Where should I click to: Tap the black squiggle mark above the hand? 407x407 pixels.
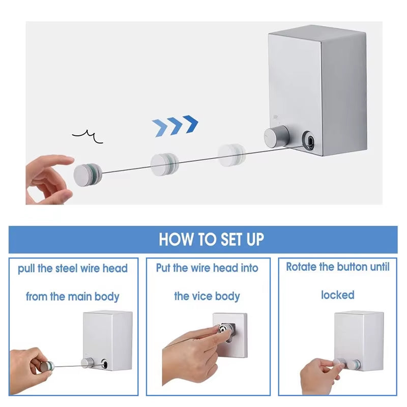click(88, 135)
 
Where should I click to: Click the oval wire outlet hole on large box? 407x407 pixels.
click(309, 140)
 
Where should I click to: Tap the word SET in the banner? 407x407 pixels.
click(225, 239)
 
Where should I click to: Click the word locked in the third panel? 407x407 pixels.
click(337, 295)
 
